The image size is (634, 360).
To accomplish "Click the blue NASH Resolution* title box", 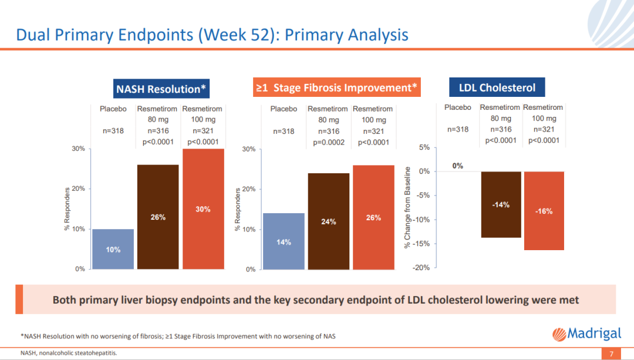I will point(161,89).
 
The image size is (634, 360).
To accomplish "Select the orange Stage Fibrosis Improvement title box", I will point(336,88).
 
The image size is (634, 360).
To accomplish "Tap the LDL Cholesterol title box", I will point(497,88).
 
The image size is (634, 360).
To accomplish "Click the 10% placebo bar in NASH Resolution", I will point(113,249).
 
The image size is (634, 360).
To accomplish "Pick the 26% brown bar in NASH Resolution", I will point(158,217).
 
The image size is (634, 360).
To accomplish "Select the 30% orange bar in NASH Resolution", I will point(203,208).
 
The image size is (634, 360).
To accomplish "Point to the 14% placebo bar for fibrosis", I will point(284,241).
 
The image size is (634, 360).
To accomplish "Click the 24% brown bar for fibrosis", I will point(329,221).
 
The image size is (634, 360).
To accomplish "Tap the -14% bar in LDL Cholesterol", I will point(501,204).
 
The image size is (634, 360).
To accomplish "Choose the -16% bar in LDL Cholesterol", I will point(544,211).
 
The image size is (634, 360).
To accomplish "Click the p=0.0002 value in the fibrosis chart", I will point(328,142).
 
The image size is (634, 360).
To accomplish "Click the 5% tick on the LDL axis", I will point(425,147).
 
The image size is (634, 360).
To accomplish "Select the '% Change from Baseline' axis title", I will point(407,207).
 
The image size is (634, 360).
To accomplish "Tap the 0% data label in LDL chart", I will point(458,166).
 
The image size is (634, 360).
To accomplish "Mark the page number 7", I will point(611,354).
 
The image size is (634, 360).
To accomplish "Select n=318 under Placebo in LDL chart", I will point(458,129).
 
